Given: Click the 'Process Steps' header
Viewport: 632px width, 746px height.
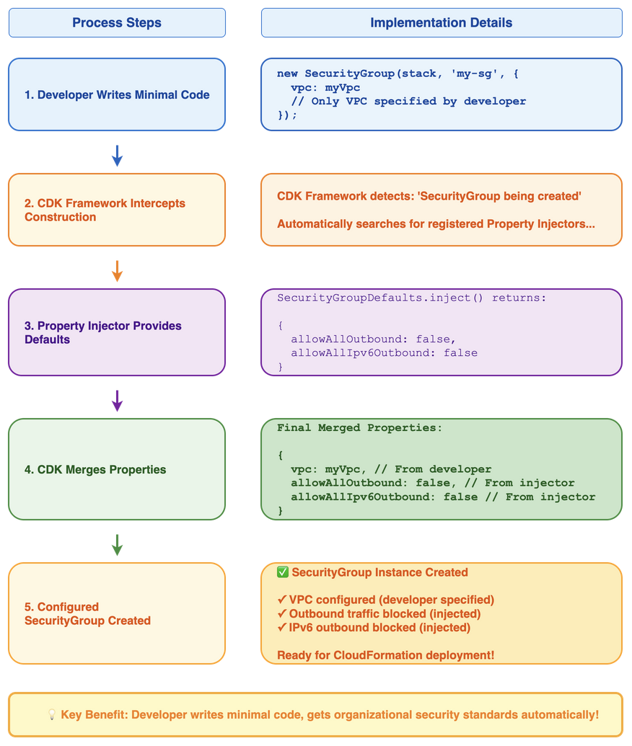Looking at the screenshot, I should click(117, 22).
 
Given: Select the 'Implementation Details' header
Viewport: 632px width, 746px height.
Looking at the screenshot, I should click(441, 22).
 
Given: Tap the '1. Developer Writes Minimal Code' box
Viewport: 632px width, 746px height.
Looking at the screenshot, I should click(117, 94).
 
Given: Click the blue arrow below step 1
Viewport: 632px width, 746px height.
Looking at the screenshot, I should click(117, 154).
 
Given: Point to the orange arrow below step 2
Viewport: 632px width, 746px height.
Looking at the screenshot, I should click(117, 270).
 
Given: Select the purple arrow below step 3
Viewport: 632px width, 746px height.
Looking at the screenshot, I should click(117, 400).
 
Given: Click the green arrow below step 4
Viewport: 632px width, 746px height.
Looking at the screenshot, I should click(117, 544).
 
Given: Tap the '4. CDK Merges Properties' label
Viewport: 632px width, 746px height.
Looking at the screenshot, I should click(95, 469).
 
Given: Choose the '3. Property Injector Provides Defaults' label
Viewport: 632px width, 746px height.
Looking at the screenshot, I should click(102, 332).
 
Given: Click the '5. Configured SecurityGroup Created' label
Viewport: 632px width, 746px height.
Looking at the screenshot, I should click(87, 613).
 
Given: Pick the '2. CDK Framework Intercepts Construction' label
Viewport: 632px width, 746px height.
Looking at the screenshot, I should click(105, 210).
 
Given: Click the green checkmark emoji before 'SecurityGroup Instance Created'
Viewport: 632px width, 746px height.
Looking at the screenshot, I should click(283, 572).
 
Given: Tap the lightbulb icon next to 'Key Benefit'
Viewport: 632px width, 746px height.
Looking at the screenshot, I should click(52, 714).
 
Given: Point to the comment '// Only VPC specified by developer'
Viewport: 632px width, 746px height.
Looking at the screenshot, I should click(408, 101).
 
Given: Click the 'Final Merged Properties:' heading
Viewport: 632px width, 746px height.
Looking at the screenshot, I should click(359, 427).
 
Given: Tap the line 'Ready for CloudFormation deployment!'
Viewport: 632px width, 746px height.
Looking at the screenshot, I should click(385, 655).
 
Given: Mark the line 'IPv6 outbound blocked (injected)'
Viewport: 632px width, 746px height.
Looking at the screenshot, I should click(379, 627).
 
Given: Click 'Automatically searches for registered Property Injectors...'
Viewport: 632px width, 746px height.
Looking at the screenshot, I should click(436, 223).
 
